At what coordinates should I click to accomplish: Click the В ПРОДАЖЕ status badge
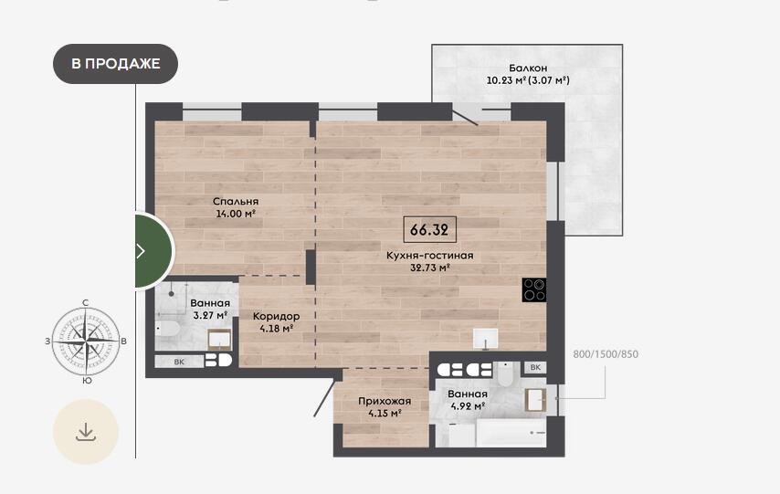pyautogui.click(x=115, y=64)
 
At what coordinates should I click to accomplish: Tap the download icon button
pyautogui.click(x=86, y=431)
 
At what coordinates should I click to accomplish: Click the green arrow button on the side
pyautogui.click(x=154, y=251)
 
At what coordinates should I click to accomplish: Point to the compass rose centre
pyautogui.click(x=86, y=341)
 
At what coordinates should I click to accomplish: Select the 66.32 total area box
pyautogui.click(x=429, y=230)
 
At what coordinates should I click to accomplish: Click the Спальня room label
pyautogui.click(x=236, y=202)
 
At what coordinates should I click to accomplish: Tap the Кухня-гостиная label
pyautogui.click(x=430, y=256)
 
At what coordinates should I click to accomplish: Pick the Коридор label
pyautogui.click(x=276, y=317)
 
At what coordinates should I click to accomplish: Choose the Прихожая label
pyautogui.click(x=385, y=401)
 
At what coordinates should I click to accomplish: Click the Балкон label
pyautogui.click(x=528, y=68)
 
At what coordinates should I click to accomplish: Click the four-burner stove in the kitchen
pyautogui.click(x=534, y=290)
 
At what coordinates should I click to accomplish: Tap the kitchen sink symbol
pyautogui.click(x=486, y=339)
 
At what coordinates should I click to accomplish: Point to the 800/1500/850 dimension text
pyautogui.click(x=606, y=354)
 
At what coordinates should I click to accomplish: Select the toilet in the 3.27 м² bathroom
pyautogui.click(x=167, y=329)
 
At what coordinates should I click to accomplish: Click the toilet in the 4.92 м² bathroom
pyautogui.click(x=505, y=374)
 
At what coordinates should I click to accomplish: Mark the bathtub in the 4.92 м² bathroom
pyautogui.click(x=511, y=432)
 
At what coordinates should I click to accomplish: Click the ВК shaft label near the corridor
pyautogui.click(x=179, y=362)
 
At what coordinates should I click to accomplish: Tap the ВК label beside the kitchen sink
pyautogui.click(x=535, y=367)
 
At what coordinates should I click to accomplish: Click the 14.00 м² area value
pyautogui.click(x=236, y=214)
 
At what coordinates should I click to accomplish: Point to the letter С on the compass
pyautogui.click(x=86, y=302)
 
